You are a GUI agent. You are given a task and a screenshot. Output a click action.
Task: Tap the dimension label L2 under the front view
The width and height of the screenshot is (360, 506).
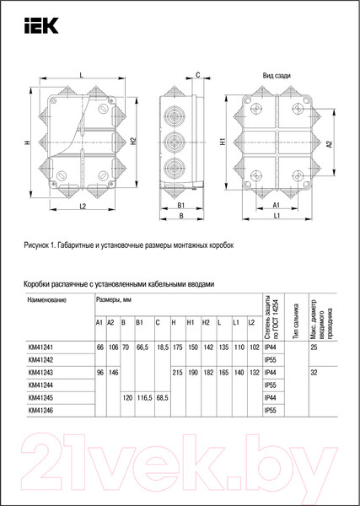[x=83, y=206]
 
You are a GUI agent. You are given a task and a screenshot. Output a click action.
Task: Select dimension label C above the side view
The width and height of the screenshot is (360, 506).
[x=197, y=76]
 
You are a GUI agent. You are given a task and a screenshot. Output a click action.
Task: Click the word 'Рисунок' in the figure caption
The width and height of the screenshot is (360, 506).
[x=43, y=245]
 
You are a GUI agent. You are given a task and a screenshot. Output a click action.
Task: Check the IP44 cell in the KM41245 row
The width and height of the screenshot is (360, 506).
[x=271, y=397]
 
